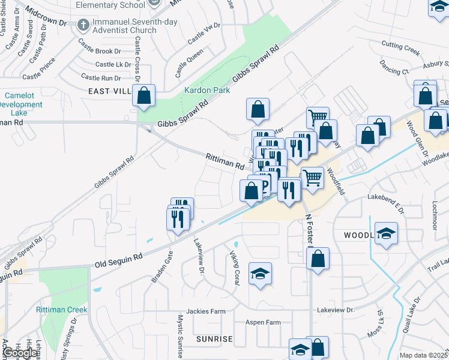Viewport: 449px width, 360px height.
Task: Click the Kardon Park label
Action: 199,91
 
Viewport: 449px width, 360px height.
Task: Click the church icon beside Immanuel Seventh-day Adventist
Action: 83,25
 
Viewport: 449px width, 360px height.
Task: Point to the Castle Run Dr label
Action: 101,77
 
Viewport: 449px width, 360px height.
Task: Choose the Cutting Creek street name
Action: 400,47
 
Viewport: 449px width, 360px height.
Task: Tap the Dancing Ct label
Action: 394,71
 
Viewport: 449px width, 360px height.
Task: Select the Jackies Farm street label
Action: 206,311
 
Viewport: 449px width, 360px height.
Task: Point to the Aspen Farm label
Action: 263,322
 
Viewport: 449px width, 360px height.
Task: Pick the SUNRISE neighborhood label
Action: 214,339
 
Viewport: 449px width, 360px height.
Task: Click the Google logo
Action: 19,353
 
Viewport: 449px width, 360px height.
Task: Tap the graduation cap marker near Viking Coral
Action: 260,274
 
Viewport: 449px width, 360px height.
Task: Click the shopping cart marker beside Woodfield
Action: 312,177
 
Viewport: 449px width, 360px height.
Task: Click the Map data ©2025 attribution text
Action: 424,355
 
